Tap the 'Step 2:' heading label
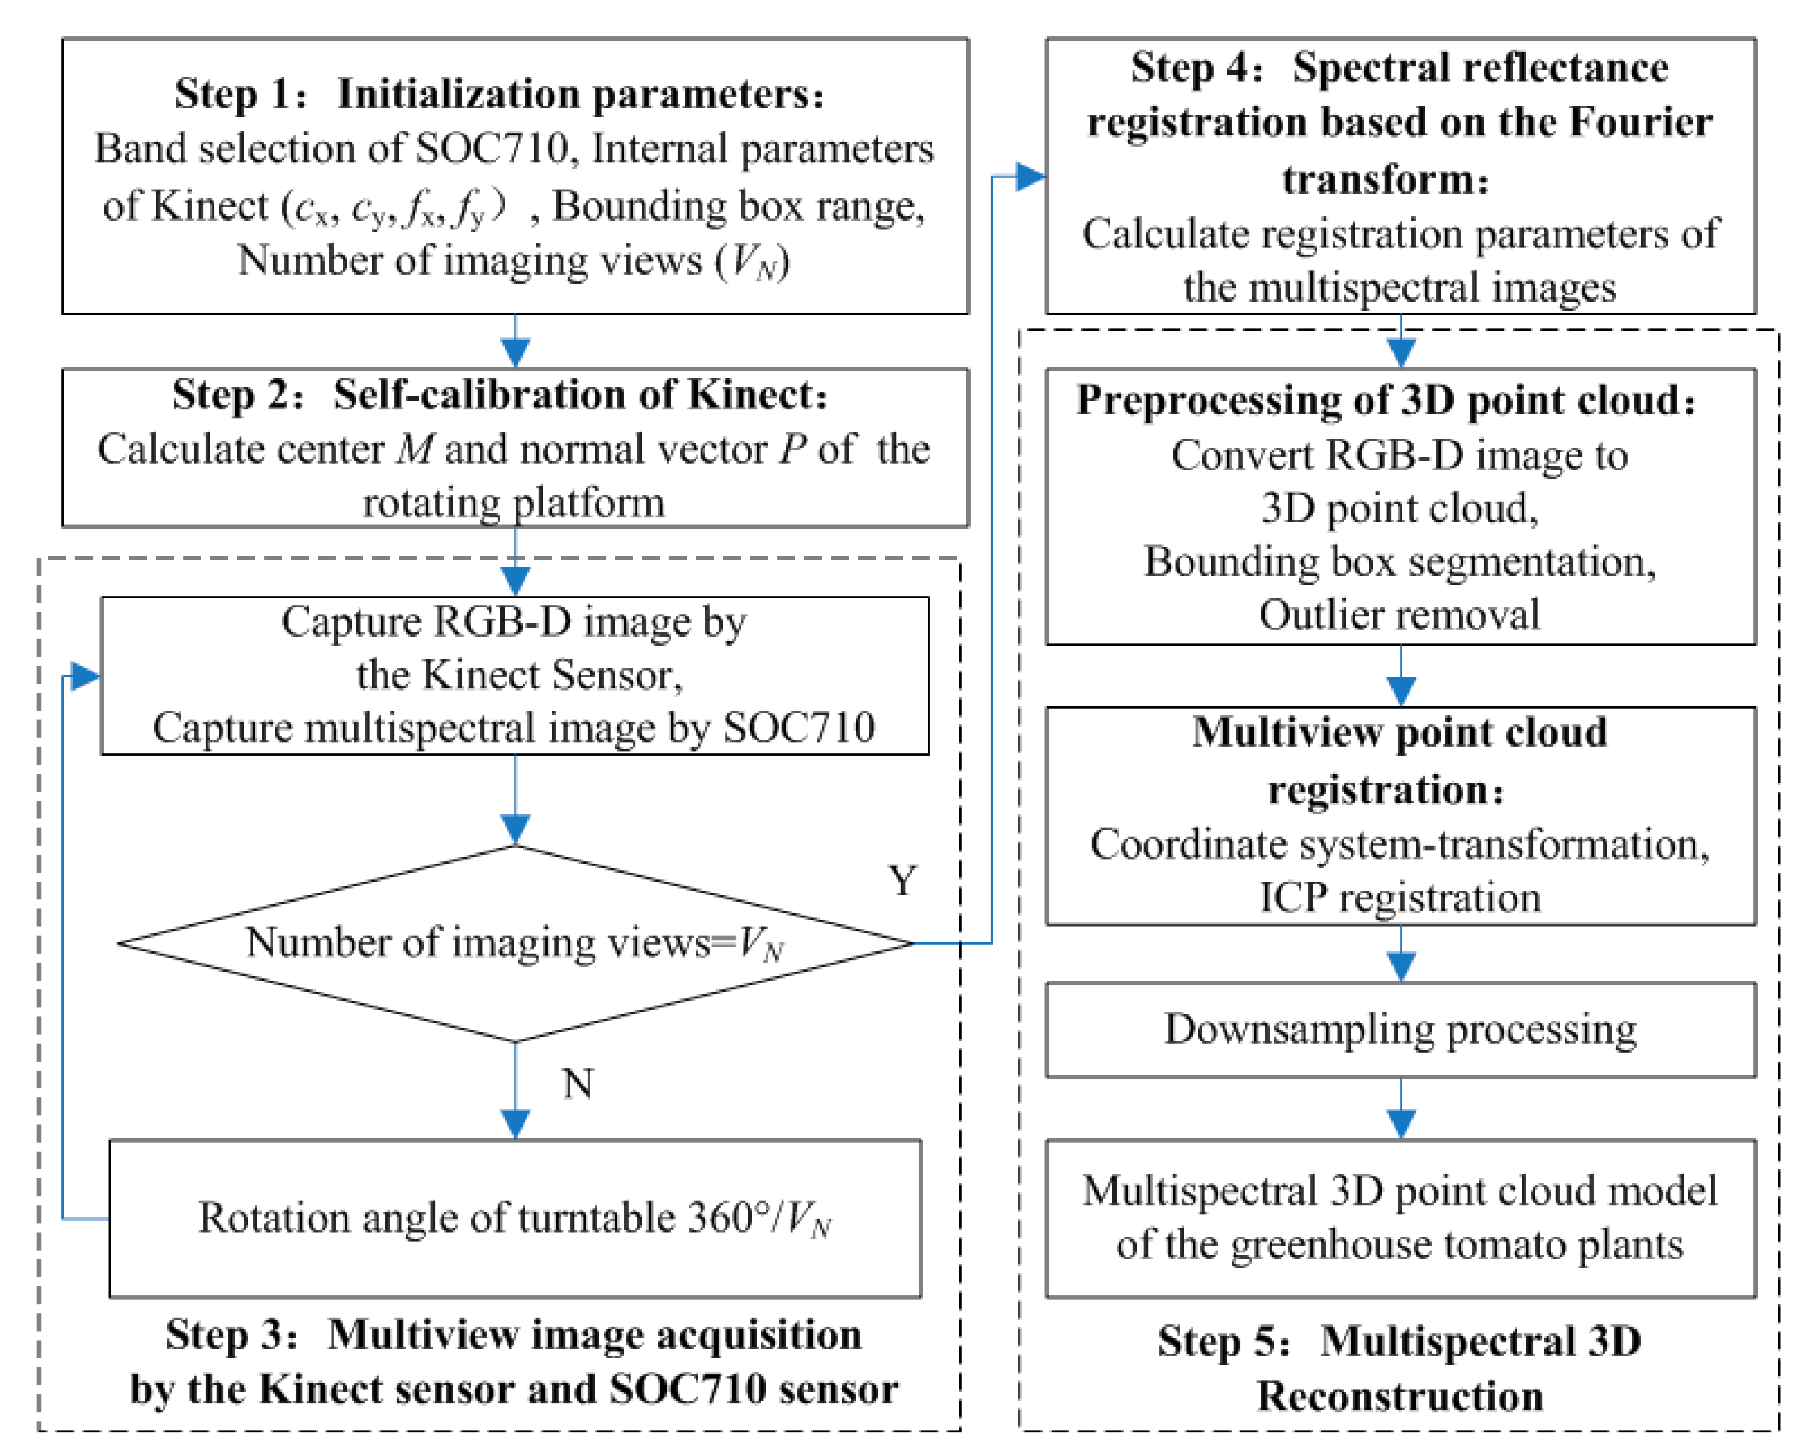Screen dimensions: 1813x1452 pos(238,395)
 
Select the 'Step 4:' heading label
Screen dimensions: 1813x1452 pos(1196,67)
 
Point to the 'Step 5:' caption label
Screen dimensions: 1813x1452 pos(1224,1341)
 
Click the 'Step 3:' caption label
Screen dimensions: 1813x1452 pos(231,1335)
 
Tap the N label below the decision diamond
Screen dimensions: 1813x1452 pos(578,1084)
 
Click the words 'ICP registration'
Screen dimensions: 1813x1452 pos(1400,898)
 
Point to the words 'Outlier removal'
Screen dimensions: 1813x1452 pos(1400,615)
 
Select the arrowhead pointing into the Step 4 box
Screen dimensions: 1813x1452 pos(1031,176)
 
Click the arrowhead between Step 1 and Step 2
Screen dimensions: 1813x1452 pos(515,352)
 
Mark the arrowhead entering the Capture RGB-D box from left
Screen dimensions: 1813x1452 pos(86,675)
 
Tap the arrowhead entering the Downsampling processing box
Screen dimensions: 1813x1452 pos(1401,967)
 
